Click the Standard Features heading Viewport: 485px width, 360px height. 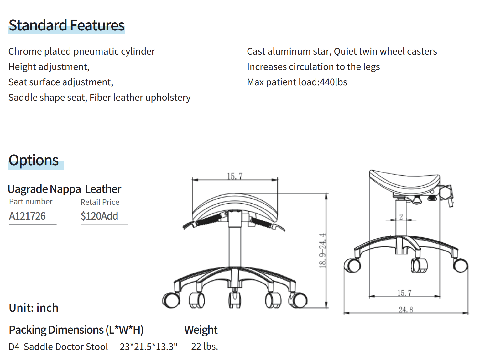(66, 25)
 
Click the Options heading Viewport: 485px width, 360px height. (34, 160)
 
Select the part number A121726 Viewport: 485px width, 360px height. (27, 216)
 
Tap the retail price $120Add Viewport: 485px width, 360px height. (99, 216)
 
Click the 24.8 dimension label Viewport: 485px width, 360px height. (406, 310)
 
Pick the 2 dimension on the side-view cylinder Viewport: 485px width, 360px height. (401, 216)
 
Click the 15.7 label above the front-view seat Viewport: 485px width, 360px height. (235, 176)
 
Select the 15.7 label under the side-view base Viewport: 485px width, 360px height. (404, 293)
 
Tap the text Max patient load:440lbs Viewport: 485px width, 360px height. (297, 82)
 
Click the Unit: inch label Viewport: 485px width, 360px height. (34, 308)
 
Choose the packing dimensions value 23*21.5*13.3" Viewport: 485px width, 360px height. (149, 347)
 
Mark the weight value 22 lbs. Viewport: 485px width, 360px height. (204, 347)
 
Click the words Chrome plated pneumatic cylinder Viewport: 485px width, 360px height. (81, 51)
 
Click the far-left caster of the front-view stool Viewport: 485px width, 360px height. (171, 300)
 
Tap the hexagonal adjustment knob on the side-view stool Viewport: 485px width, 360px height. (445, 192)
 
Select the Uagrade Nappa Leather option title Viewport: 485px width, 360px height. (64, 189)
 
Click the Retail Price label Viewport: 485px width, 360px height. (100, 202)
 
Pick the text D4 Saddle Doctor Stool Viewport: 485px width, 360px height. (58, 347)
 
